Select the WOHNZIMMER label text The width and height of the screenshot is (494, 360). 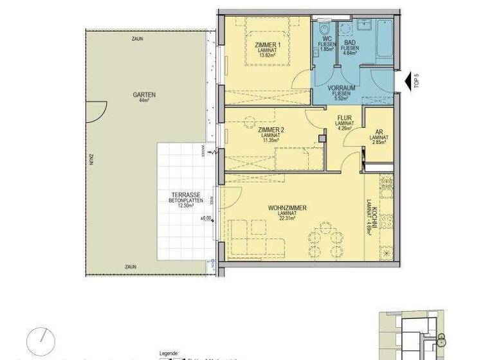click(287, 208)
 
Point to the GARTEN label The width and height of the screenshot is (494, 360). click(144, 94)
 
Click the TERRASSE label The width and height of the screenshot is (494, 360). click(185, 194)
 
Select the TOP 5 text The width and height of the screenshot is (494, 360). click(416, 80)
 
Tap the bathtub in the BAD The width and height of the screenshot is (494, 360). click(385, 39)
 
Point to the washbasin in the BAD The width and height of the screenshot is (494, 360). click(346, 28)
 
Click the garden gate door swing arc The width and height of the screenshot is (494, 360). click(98, 113)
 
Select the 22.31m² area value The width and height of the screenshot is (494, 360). click(287, 219)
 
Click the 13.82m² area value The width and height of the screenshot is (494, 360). click(267, 55)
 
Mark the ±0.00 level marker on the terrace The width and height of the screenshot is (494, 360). click(206, 219)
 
